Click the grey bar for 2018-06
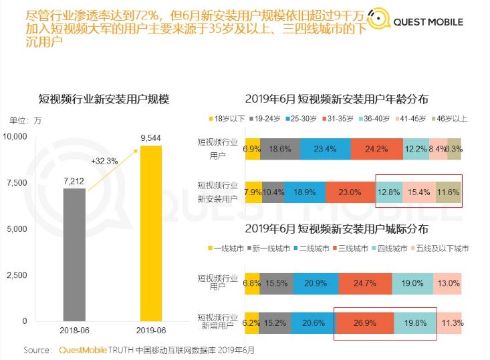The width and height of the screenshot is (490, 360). click(74, 254)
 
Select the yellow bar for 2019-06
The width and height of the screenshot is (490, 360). click(151, 233)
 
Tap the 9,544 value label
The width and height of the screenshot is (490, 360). click(151, 138)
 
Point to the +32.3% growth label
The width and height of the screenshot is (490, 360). click(104, 161)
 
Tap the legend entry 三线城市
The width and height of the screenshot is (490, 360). click(352, 248)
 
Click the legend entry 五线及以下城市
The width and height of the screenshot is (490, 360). click(443, 248)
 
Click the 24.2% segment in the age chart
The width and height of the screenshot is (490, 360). click(376, 149)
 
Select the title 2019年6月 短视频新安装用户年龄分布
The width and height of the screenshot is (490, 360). click(336, 100)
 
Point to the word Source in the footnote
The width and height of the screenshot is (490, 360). click(37, 350)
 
